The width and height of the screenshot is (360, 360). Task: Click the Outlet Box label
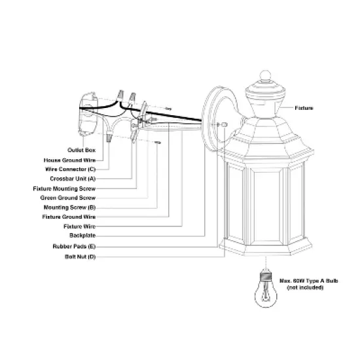pyautogui.click(x=82, y=150)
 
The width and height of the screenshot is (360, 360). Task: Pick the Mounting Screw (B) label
pyautogui.click(x=73, y=206)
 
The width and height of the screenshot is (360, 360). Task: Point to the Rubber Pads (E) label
pyautogui.click(x=74, y=247)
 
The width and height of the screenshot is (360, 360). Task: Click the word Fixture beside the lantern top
pyautogui.click(x=304, y=107)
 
